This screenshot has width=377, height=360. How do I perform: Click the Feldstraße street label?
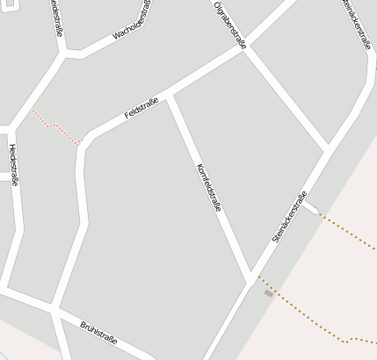tap(141, 108)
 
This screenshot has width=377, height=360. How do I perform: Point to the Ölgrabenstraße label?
tap(229, 24)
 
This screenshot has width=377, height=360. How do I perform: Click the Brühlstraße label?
tap(98, 333)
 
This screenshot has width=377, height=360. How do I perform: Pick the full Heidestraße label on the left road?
tap(13, 166)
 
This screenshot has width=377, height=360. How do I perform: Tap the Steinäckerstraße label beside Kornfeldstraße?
tap(290, 216)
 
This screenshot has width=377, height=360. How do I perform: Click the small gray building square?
tap(269, 293)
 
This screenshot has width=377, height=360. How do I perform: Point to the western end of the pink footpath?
tap(33, 111)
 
